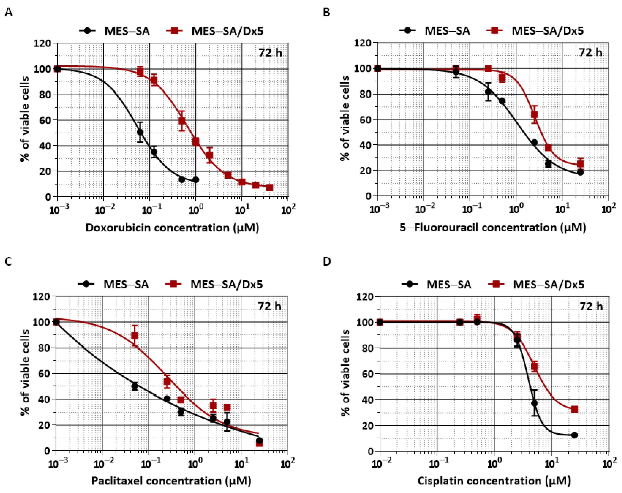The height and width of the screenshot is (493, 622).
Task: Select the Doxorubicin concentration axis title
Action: [172, 228]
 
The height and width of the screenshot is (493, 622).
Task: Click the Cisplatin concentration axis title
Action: [494, 481]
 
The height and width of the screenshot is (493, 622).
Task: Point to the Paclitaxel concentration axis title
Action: [171, 481]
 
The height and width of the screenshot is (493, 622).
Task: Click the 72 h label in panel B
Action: [590, 52]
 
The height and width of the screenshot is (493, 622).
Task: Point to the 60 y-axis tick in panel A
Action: [45, 120]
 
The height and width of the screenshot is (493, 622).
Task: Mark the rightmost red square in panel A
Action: [269, 188]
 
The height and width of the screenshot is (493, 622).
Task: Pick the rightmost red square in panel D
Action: [574, 409]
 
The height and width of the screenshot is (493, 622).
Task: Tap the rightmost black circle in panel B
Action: [580, 172]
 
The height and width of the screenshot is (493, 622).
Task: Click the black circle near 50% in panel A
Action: [140, 132]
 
